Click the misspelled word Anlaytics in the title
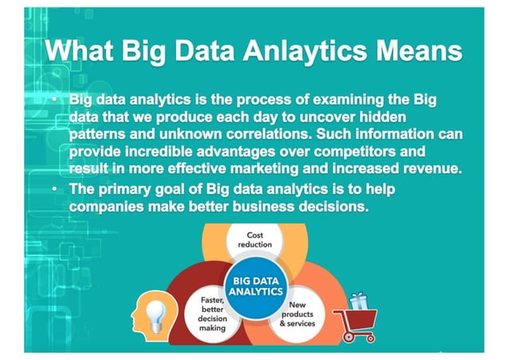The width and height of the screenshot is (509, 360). pos(307,51)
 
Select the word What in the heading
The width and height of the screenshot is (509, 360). pos(82,51)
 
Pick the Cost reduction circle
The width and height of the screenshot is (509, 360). pos(255,239)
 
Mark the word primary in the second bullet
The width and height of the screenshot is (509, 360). pos(128,188)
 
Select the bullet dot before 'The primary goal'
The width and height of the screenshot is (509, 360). pos(53,188)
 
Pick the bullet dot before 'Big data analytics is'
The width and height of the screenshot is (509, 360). pos(53,101)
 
